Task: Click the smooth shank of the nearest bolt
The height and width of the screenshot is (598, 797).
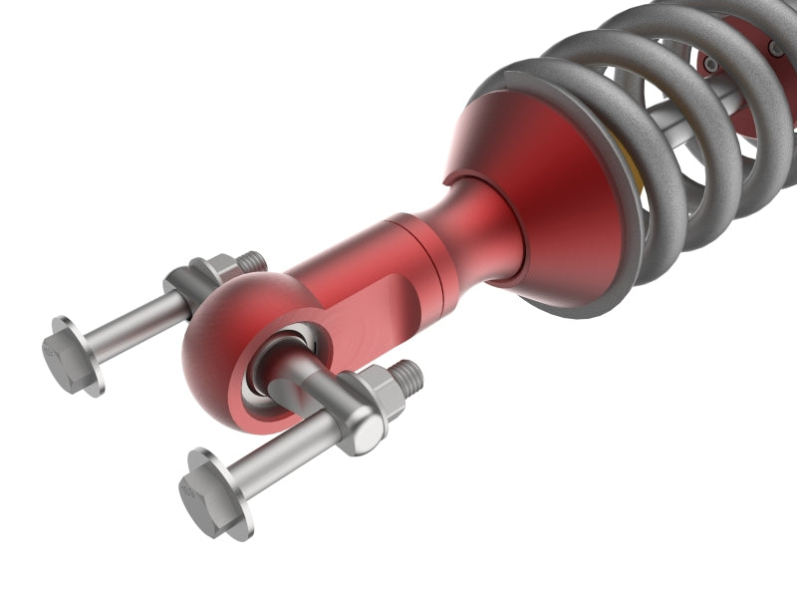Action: [x=289, y=448]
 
